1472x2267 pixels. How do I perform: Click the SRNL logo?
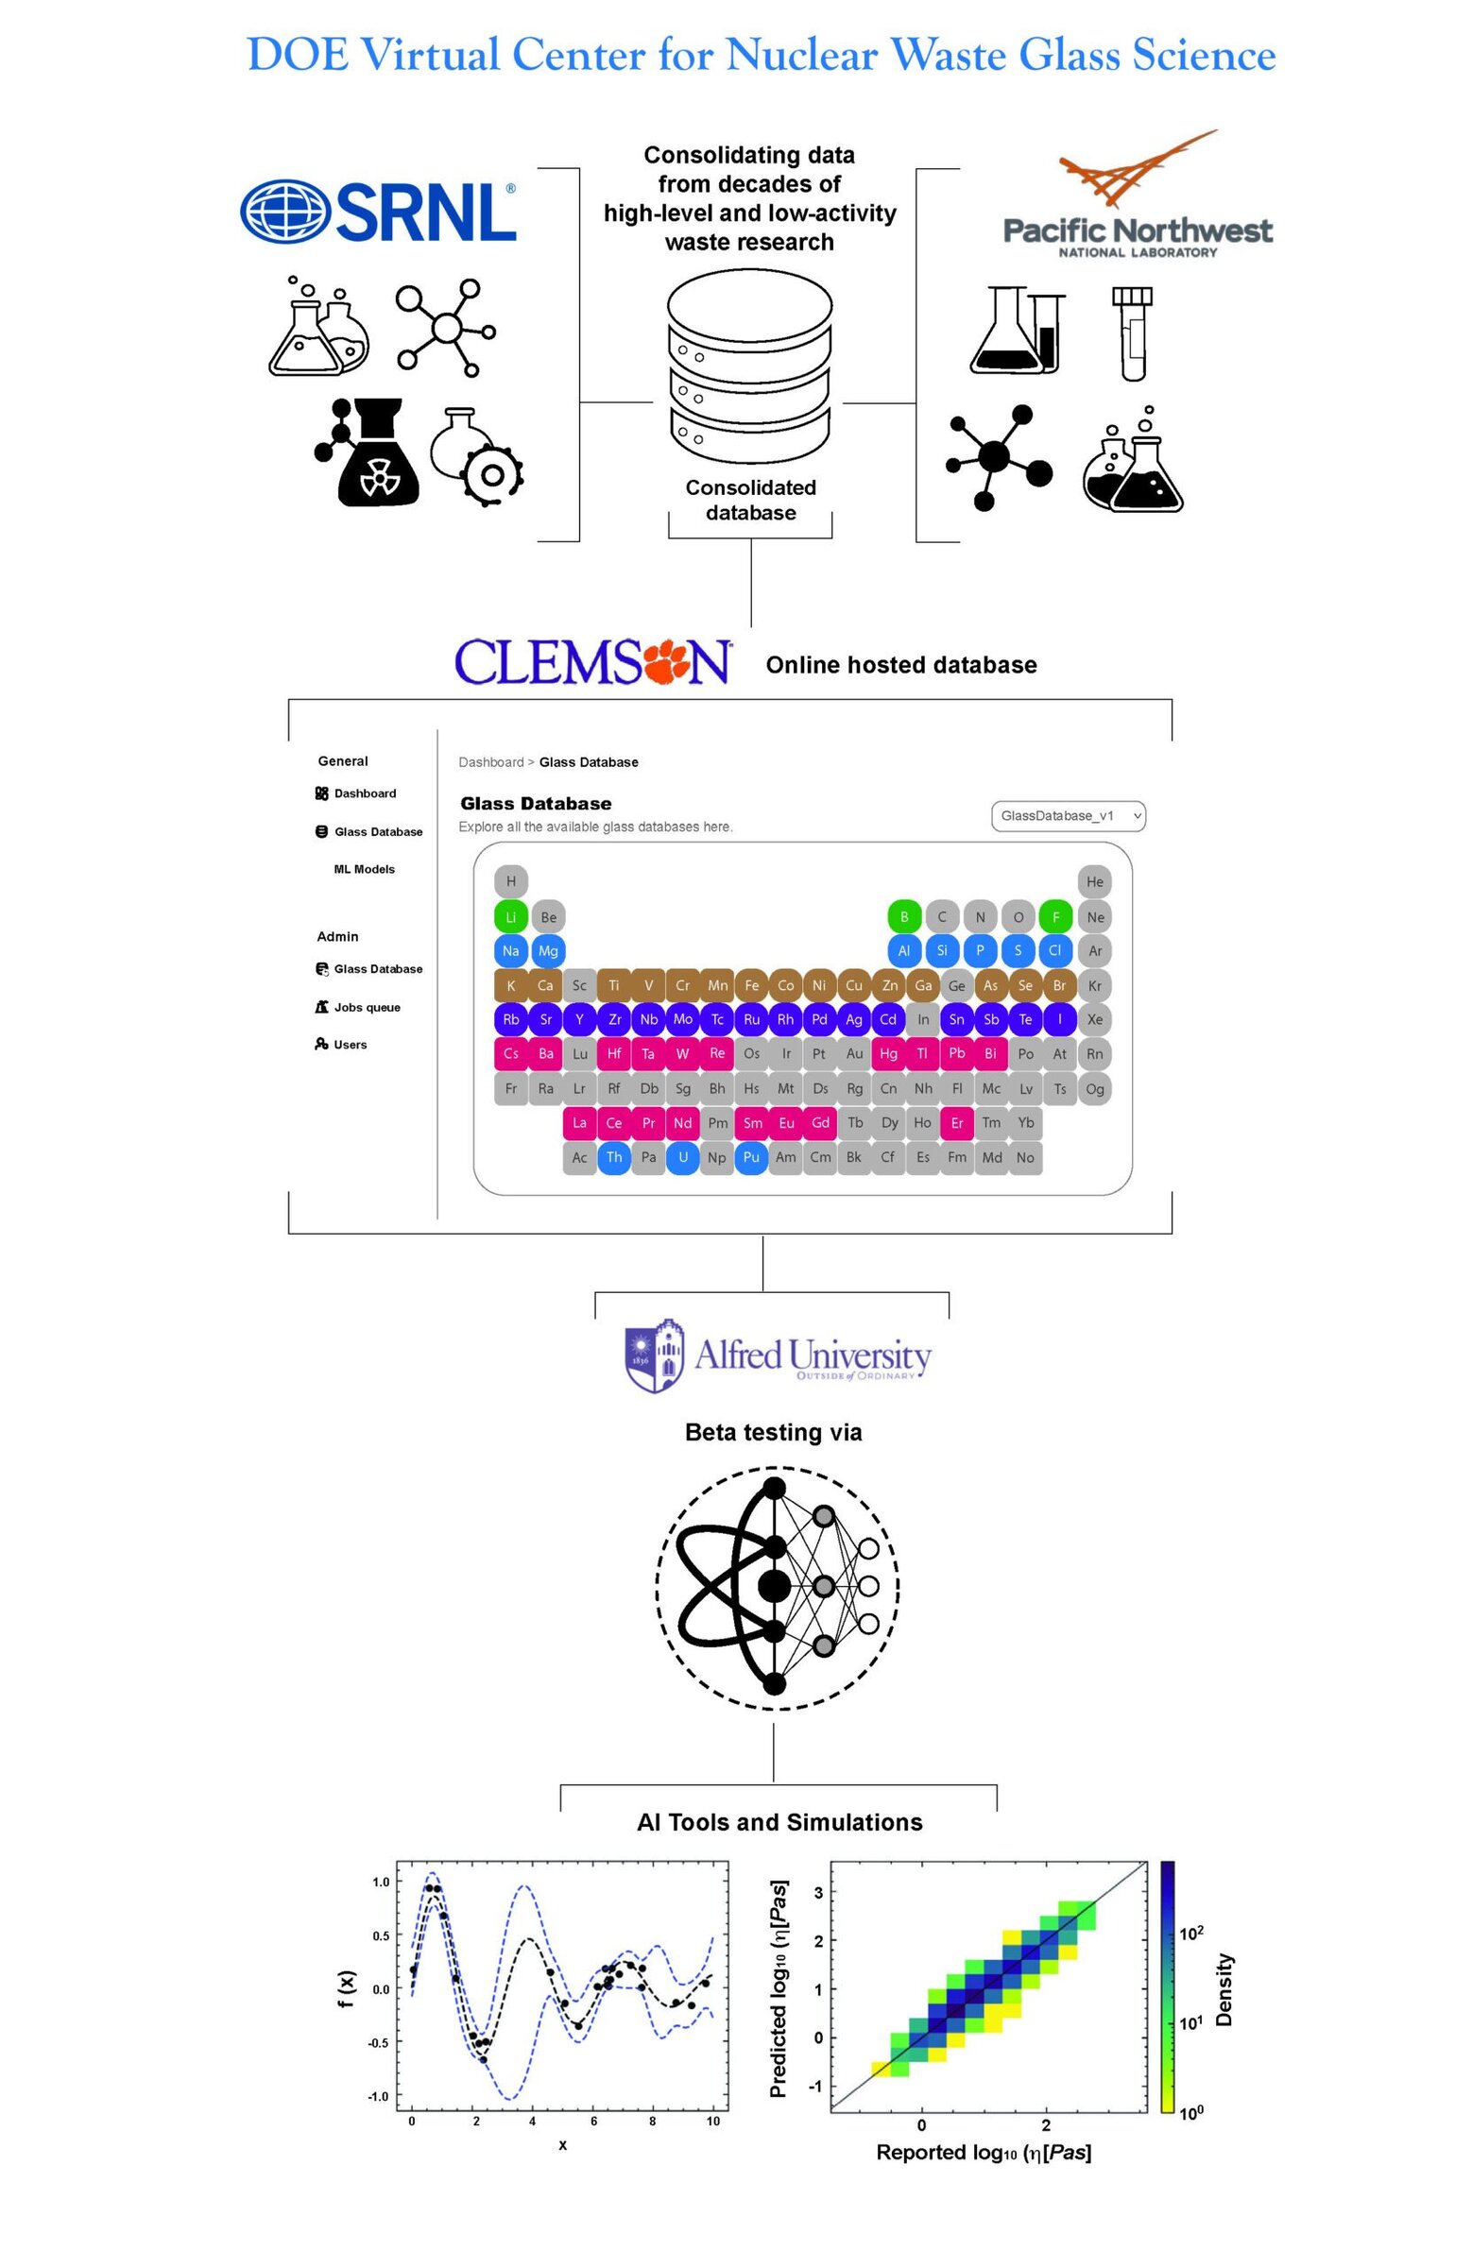[x=377, y=212]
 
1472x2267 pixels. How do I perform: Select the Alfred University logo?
[x=777, y=1356]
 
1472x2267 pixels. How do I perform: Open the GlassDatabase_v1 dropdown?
[x=1067, y=815]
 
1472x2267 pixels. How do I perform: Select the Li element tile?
[x=511, y=916]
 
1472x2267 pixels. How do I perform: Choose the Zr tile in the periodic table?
[x=614, y=1019]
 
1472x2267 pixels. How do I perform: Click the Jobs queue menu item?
[x=366, y=1007]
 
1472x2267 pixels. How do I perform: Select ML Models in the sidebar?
[x=363, y=869]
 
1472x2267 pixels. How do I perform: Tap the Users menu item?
[x=350, y=1044]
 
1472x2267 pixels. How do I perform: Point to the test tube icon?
[x=1132, y=333]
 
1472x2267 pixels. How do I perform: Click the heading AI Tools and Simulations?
[x=779, y=1821]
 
